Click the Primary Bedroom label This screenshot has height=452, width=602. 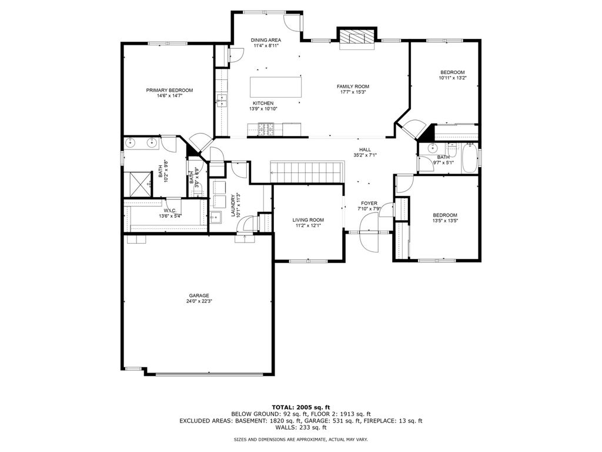169,90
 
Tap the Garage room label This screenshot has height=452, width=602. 199,295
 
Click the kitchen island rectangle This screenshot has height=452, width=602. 276,87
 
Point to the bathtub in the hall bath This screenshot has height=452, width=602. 469,158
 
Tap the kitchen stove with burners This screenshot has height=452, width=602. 266,129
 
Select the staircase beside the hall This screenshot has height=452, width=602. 306,172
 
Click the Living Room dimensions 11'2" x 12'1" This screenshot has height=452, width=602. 308,225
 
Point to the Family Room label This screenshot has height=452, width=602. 353,87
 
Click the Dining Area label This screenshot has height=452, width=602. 266,40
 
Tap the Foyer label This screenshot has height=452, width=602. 369,203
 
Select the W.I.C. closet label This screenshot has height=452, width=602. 170,211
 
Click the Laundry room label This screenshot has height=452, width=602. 233,205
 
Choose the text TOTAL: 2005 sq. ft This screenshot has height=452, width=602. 301,407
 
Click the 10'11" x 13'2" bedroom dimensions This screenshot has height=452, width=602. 453,78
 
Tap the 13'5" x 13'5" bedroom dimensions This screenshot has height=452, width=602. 445,221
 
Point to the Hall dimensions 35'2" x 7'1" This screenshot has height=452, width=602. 364,155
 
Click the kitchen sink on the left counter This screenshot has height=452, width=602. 222,100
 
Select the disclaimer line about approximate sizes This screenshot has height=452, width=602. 301,439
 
